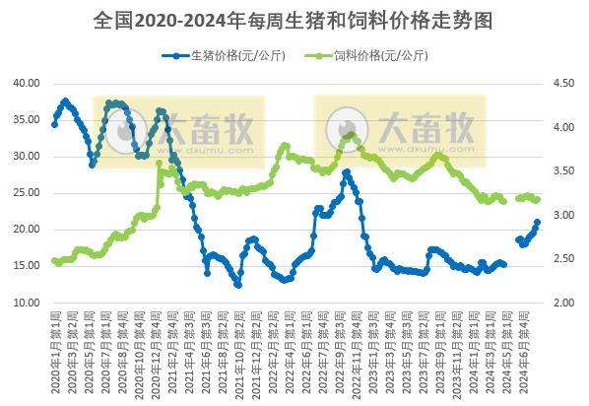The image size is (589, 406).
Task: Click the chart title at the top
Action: pyautogui.click(x=294, y=20)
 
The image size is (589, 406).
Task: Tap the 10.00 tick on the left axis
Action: pyautogui.click(x=25, y=303)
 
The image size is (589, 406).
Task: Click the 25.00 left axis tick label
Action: pyautogui.click(x=25, y=193)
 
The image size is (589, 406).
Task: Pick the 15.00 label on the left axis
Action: pyautogui.click(x=25, y=266)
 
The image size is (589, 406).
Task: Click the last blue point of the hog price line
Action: pyautogui.click(x=537, y=223)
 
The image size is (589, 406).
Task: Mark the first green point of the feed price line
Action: pyautogui.click(x=54, y=261)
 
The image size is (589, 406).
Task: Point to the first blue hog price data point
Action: pyautogui.click(x=54, y=124)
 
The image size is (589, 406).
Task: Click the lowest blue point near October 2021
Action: pyautogui.click(x=238, y=285)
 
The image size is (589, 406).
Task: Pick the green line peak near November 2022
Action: pyautogui.click(x=351, y=135)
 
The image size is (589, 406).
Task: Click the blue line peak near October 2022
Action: pyautogui.click(x=347, y=171)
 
